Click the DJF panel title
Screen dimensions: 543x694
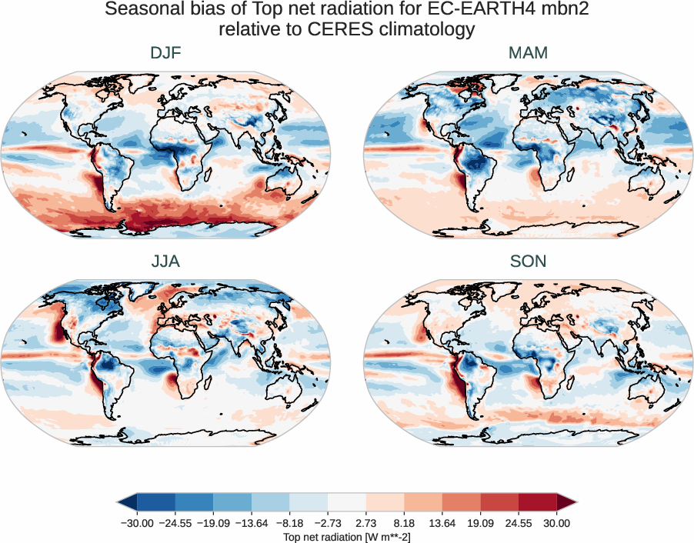click(x=165, y=53)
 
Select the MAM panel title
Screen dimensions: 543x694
click(x=528, y=53)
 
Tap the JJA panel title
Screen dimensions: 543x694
click(x=165, y=262)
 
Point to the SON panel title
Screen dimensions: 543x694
click(x=528, y=262)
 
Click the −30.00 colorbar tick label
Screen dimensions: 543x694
click(x=137, y=523)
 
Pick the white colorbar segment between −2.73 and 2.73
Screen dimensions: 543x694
click(x=347, y=502)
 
